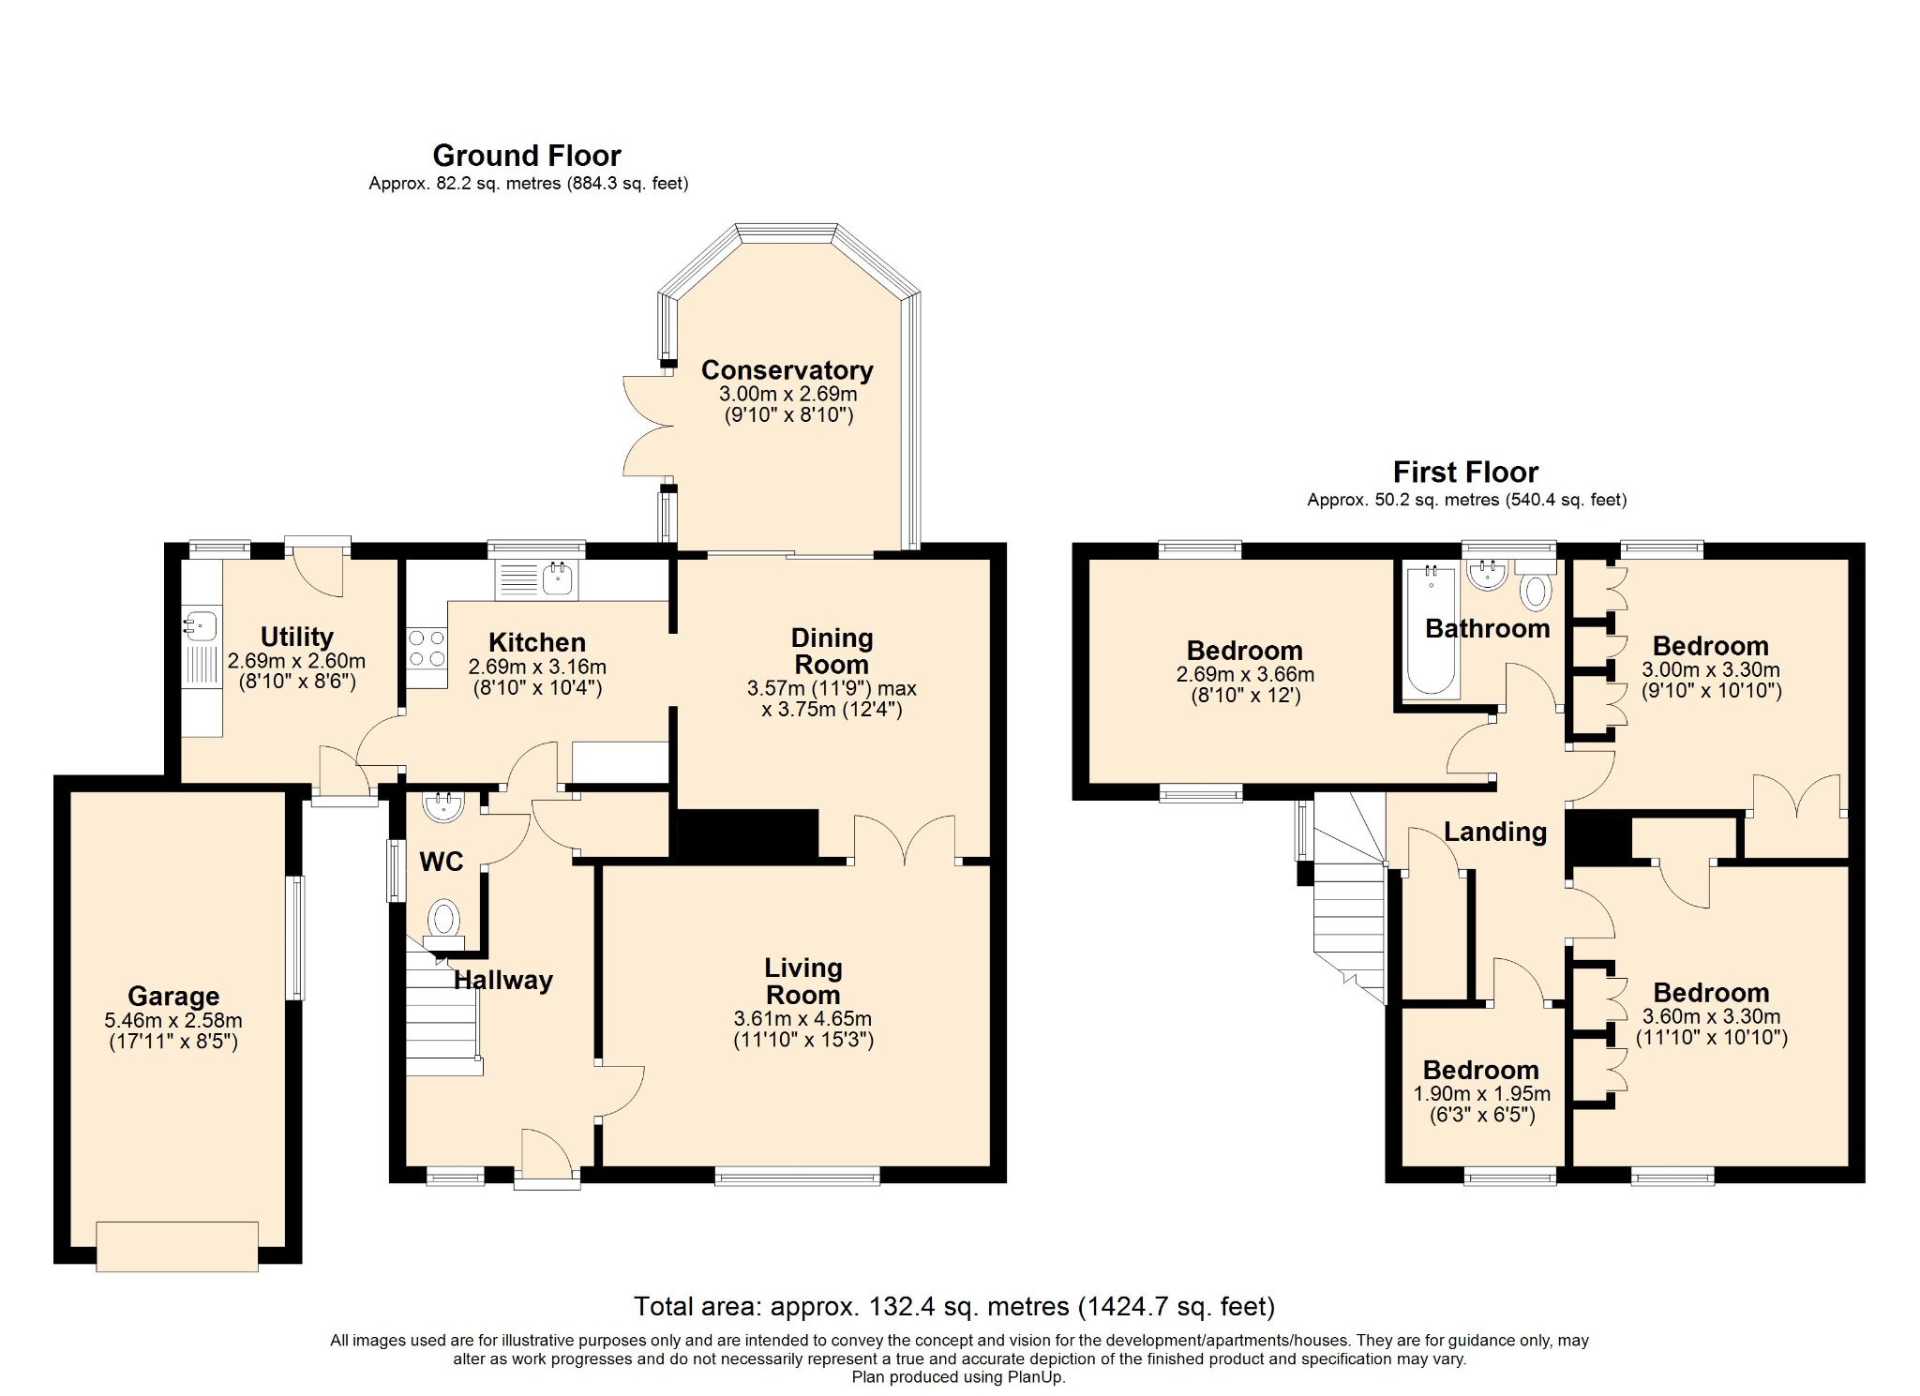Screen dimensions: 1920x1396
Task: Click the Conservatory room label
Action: click(787, 370)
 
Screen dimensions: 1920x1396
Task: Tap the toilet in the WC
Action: click(444, 922)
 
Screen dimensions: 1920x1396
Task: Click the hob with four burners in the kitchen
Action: click(427, 647)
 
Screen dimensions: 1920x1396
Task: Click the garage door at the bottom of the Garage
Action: click(177, 1246)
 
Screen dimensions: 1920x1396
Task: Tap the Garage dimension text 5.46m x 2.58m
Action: click(173, 1020)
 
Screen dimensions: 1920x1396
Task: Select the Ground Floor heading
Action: click(527, 156)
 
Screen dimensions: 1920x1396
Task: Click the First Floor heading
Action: click(1466, 472)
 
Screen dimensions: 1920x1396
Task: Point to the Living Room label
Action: click(803, 981)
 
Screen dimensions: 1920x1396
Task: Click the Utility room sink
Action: click(201, 623)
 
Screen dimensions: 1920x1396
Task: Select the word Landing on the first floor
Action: click(1495, 832)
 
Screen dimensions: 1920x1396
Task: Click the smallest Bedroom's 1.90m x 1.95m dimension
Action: click(1482, 1093)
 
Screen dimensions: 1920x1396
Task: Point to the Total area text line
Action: click(954, 1306)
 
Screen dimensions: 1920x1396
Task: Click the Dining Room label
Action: click(832, 651)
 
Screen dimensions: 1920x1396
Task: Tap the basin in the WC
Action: click(443, 806)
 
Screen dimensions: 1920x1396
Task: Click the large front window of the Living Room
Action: click(798, 1176)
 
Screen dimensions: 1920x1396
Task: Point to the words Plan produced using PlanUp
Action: click(959, 1377)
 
